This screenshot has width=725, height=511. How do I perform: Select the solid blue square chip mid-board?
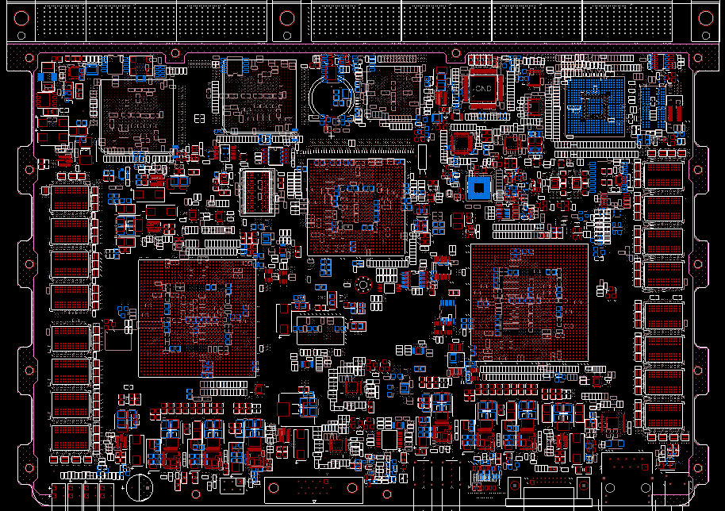(x=478, y=187)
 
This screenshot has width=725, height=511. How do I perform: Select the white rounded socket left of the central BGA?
(x=255, y=190)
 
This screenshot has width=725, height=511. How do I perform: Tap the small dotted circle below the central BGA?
(x=362, y=284)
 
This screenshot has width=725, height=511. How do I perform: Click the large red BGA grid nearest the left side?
(x=197, y=317)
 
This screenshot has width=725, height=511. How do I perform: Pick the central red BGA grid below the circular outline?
(x=355, y=207)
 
